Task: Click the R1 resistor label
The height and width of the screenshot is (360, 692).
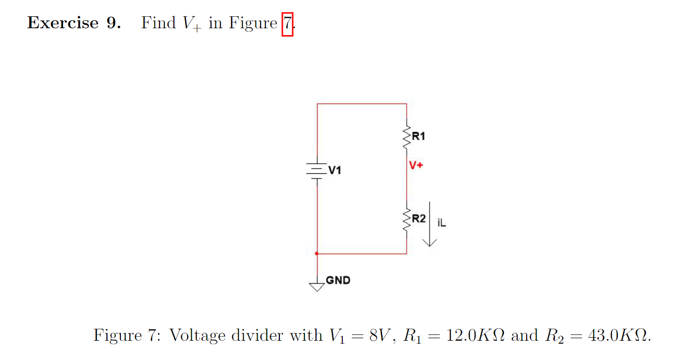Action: coord(418,137)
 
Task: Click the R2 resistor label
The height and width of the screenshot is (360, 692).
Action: coord(419,218)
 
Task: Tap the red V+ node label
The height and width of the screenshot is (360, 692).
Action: coord(416,165)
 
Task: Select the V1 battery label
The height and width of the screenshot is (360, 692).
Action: coord(335,171)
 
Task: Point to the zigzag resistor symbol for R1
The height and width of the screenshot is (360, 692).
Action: coord(407,139)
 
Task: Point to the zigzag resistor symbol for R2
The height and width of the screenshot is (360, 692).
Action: coord(407,221)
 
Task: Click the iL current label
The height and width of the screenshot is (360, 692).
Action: coord(442,223)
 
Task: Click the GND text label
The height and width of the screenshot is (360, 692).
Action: coord(338,280)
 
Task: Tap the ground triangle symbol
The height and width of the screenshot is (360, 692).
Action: coord(317,286)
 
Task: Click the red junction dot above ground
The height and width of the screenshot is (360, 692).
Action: coord(317,254)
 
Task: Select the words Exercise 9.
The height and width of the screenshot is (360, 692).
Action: coord(74,23)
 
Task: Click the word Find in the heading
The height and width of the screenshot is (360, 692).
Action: coord(159,23)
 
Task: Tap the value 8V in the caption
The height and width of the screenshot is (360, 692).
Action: coord(381,335)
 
